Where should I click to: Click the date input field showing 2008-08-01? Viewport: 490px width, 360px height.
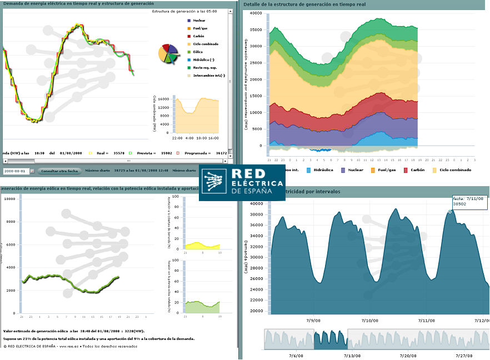[x=16, y=171]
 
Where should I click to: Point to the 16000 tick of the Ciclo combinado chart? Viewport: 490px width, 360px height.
[x=164, y=99]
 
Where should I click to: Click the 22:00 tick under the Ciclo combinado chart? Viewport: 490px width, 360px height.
[x=177, y=137]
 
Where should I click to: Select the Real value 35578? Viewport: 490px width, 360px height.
[x=118, y=152]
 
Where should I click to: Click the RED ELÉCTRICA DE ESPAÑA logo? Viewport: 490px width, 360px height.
[x=243, y=183]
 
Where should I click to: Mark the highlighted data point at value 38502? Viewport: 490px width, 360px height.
[x=450, y=211]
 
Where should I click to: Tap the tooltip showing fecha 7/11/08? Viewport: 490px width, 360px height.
[x=470, y=201]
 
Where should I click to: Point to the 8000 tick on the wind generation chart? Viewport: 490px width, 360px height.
[x=9, y=222]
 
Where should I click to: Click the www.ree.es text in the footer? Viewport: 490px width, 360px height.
[x=67, y=346]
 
